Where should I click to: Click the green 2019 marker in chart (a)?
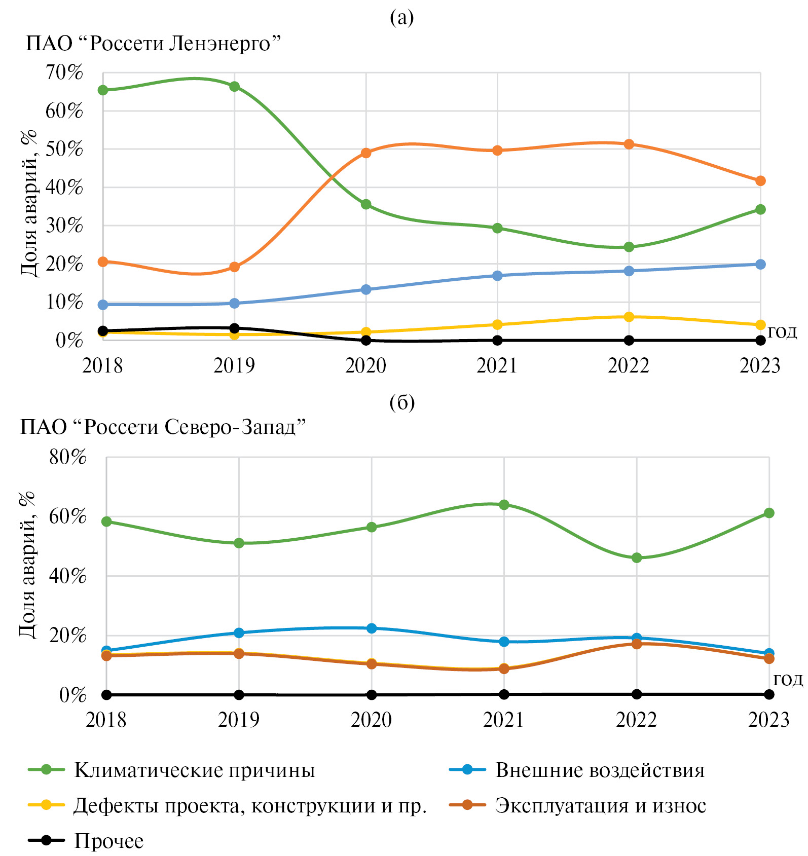pyautogui.click(x=234, y=87)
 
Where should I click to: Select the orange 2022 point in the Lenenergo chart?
pyautogui.click(x=629, y=144)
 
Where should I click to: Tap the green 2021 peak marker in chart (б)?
pyautogui.click(x=504, y=505)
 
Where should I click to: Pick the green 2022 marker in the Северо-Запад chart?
pyautogui.click(x=637, y=558)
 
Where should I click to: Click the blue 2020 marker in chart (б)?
pyautogui.click(x=372, y=628)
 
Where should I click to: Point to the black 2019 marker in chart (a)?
pyautogui.click(x=234, y=328)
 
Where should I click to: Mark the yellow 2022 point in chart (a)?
pyautogui.click(x=629, y=317)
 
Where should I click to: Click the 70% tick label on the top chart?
pyautogui.click(x=64, y=72)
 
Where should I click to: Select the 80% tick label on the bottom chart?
pyautogui.click(x=68, y=457)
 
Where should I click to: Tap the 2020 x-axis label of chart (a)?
pyautogui.click(x=365, y=365)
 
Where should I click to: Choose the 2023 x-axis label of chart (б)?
pyautogui.click(x=768, y=720)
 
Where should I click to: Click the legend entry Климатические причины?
pyautogui.click(x=195, y=770)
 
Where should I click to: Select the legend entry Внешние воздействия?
pyautogui.click(x=600, y=770)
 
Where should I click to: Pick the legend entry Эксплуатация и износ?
pyautogui.click(x=600, y=806)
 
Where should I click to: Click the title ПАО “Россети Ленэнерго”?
pyautogui.click(x=154, y=44)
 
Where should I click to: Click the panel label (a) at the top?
pyautogui.click(x=402, y=17)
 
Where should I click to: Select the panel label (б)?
pyautogui.click(x=402, y=402)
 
